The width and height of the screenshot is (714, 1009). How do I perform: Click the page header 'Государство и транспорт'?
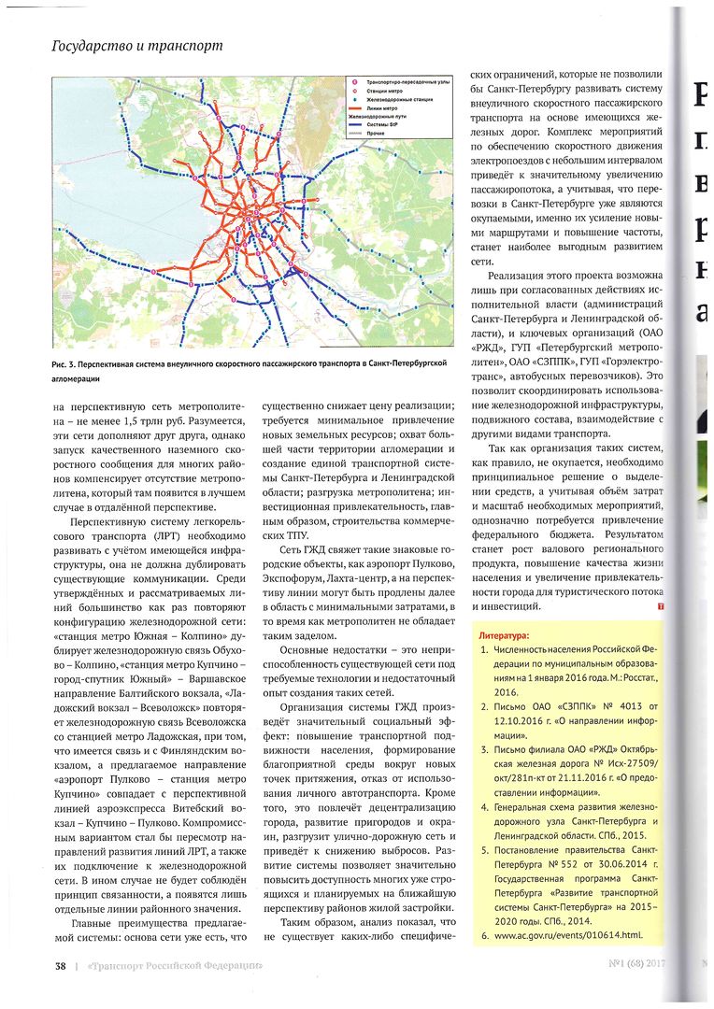point(136,45)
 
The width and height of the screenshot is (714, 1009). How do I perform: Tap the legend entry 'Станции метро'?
point(386,92)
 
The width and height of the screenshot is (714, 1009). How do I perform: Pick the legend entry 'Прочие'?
point(378,135)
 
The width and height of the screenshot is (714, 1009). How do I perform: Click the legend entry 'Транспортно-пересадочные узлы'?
point(408,83)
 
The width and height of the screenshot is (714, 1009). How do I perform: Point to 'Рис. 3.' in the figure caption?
point(67,362)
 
